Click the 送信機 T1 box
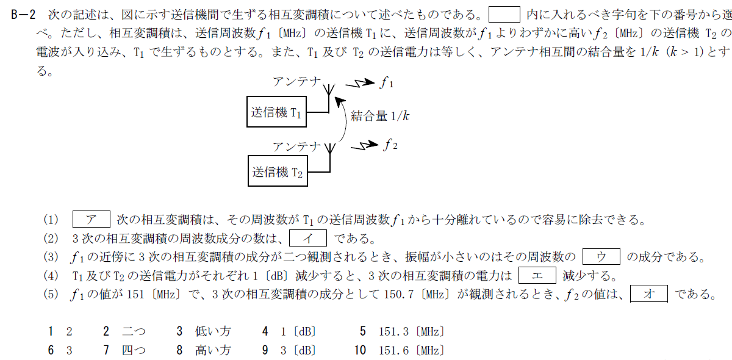[x=276, y=112]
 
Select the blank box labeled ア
[x=91, y=219]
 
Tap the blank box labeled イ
[x=308, y=237]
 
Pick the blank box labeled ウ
[x=601, y=256]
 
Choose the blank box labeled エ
[x=537, y=275]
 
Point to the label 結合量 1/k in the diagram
[x=379, y=117]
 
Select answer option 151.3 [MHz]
[x=411, y=332]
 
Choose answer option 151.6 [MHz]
[x=411, y=351]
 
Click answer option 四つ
[x=134, y=351]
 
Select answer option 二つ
[x=134, y=332]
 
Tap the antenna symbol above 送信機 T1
[x=329, y=91]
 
